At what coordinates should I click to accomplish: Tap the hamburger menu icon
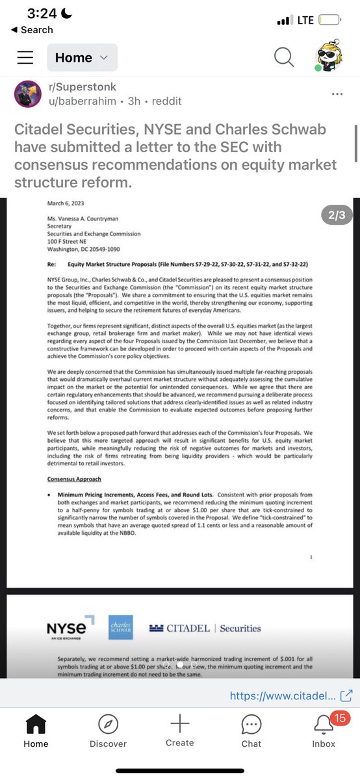[x=25, y=58]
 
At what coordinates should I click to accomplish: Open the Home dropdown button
[x=82, y=58]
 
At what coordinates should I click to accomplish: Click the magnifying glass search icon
[x=284, y=58]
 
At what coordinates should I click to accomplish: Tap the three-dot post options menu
[x=337, y=94]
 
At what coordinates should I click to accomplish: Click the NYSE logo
[x=66, y=629]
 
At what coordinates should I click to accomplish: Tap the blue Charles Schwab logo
[x=121, y=627]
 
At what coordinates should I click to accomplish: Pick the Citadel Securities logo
[x=205, y=629]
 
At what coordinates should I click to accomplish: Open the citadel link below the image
[x=291, y=695]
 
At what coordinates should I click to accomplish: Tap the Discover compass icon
[x=108, y=724]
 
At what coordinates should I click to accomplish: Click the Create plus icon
[x=179, y=723]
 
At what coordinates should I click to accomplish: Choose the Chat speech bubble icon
[x=251, y=724]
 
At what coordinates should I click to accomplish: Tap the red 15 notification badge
[x=338, y=717]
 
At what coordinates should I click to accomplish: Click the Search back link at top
[x=32, y=30]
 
